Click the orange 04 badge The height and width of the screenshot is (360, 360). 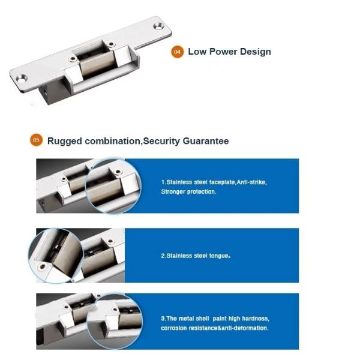[177, 52]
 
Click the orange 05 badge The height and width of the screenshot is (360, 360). [36, 140]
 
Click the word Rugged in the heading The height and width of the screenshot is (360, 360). [65, 141]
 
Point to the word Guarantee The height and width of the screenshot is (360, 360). [206, 141]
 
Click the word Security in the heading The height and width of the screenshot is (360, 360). [161, 141]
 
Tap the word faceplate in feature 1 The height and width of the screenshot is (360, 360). [222, 182]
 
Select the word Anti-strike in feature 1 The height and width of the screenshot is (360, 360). [251, 182]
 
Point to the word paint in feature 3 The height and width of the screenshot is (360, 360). [220, 319]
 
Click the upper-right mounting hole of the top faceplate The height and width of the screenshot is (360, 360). [158, 26]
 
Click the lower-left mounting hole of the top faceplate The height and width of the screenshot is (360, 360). [22, 79]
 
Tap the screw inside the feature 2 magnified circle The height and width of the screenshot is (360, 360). [43, 266]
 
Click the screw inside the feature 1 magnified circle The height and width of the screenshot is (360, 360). [118, 172]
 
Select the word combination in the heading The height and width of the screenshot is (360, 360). [113, 141]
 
